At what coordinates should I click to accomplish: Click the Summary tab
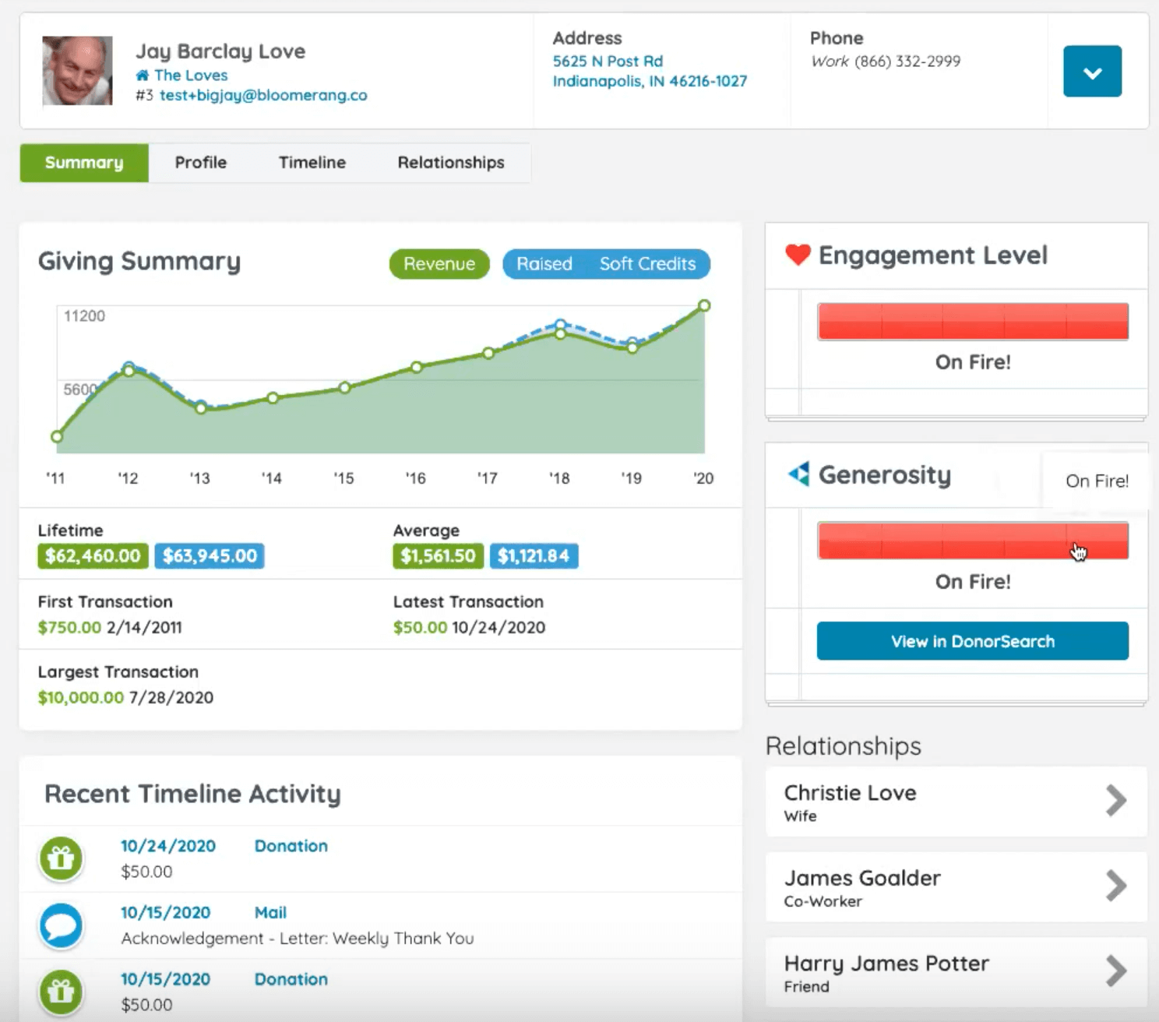tap(84, 163)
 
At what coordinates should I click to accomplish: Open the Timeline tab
tap(312, 163)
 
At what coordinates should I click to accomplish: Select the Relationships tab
tap(451, 163)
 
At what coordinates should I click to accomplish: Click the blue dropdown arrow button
tap(1092, 72)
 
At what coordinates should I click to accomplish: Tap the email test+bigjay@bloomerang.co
tap(263, 95)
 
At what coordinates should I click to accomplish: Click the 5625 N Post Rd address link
tap(608, 62)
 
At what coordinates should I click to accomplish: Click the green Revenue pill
tap(439, 264)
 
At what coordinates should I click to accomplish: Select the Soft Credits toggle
tap(647, 264)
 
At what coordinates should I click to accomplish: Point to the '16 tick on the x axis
tap(416, 478)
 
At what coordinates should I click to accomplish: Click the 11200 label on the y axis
tap(84, 316)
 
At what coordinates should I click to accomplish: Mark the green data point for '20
tap(704, 305)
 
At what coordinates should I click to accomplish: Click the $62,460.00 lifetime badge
tap(93, 556)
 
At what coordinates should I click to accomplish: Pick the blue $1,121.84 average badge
tap(534, 556)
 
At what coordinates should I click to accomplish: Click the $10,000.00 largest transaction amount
tap(81, 698)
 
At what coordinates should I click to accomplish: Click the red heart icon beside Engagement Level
tap(798, 255)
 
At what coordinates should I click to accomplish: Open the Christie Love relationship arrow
tap(1116, 801)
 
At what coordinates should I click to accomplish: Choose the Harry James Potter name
tap(886, 964)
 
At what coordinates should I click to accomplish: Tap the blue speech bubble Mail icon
tap(61, 926)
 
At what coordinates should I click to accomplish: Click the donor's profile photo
tap(77, 71)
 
